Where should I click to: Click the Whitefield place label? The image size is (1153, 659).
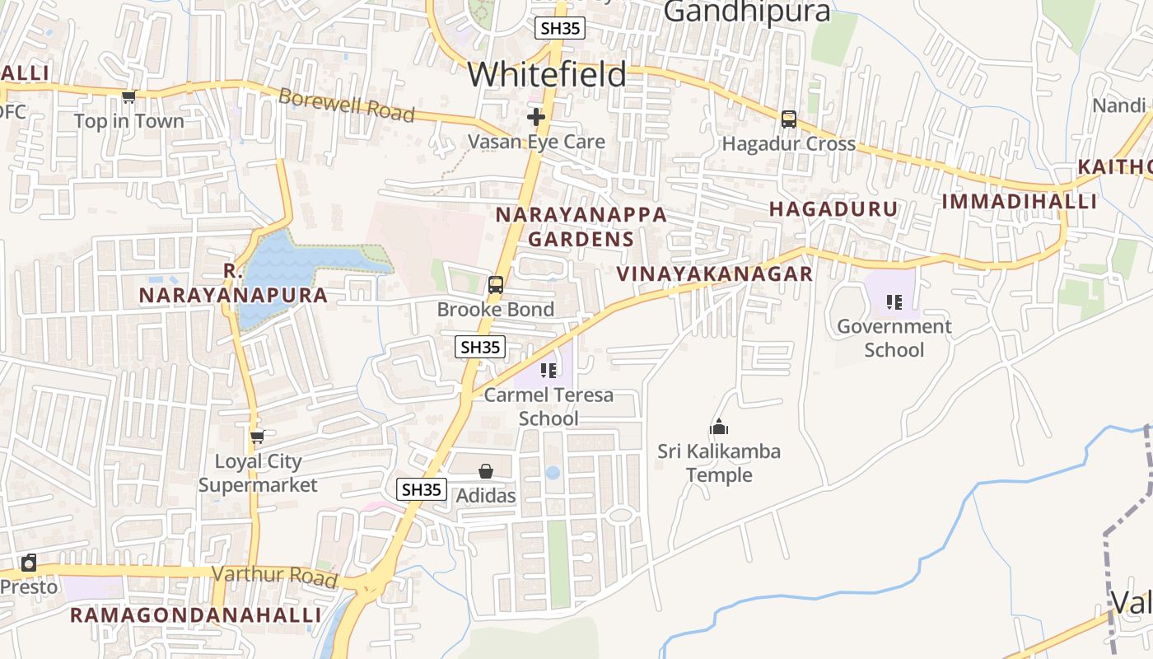pyautogui.click(x=547, y=75)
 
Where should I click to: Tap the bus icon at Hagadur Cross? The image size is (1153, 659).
pyautogui.click(x=788, y=119)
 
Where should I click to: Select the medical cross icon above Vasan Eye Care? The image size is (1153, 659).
pyautogui.click(x=536, y=117)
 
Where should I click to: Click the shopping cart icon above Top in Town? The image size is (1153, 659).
pyautogui.click(x=128, y=97)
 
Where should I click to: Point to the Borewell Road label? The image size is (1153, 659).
pyautogui.click(x=346, y=105)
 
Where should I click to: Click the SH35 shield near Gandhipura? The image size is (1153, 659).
pyautogui.click(x=560, y=28)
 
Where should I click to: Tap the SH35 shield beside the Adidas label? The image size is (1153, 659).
pyautogui.click(x=422, y=489)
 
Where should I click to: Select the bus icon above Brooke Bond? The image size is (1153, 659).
pyautogui.click(x=495, y=286)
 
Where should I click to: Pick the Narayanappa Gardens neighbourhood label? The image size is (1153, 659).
pyautogui.click(x=581, y=227)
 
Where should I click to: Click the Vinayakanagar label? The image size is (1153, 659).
pyautogui.click(x=715, y=274)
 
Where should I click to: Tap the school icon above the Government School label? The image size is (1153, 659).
pyautogui.click(x=894, y=302)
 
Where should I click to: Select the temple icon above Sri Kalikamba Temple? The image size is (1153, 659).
pyautogui.click(x=719, y=427)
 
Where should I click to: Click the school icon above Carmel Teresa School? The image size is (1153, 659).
pyautogui.click(x=548, y=371)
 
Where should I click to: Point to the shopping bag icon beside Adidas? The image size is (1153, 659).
pyautogui.click(x=486, y=471)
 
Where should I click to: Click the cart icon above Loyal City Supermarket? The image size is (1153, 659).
pyautogui.click(x=257, y=437)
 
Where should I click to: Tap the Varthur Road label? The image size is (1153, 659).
pyautogui.click(x=275, y=577)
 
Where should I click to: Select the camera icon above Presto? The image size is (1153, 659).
pyautogui.click(x=29, y=563)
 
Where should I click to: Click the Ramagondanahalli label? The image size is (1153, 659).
pyautogui.click(x=195, y=615)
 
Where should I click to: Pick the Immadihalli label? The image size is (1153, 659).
pyautogui.click(x=1019, y=202)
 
